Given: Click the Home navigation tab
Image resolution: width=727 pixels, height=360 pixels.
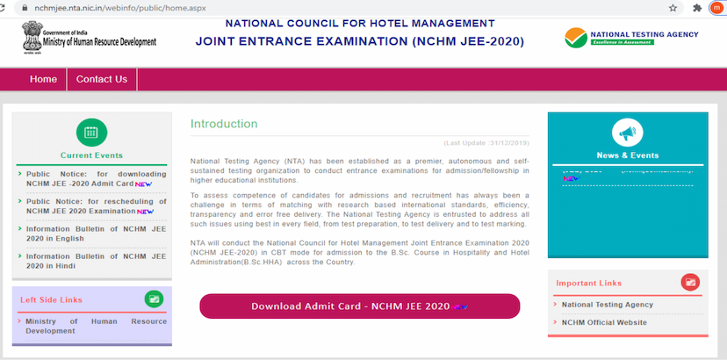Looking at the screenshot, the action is pos(43,79).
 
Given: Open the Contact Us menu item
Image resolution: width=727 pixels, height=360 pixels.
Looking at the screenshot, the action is pos(102,79).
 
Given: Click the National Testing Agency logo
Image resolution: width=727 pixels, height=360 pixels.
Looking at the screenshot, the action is pos(632,36).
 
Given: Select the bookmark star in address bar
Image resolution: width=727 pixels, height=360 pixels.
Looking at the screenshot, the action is pos(673,7).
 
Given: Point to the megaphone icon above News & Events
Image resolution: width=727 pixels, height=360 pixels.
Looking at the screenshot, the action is pos(627,133).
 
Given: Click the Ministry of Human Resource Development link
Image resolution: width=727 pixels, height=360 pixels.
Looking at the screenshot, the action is pos(95,326).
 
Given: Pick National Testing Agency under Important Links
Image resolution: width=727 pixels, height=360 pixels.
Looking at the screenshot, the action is pos(607,305).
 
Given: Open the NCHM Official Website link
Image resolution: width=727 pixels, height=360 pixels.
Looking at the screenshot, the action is pos(604,322).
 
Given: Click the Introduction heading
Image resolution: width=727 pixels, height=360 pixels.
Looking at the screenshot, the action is pos(224,124).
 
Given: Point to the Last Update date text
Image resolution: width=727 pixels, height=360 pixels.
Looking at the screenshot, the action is pos(487,142).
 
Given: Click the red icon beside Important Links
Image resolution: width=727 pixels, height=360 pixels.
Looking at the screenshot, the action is pos(690,283).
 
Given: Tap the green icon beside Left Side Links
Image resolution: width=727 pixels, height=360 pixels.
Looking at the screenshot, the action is pos(154,299).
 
